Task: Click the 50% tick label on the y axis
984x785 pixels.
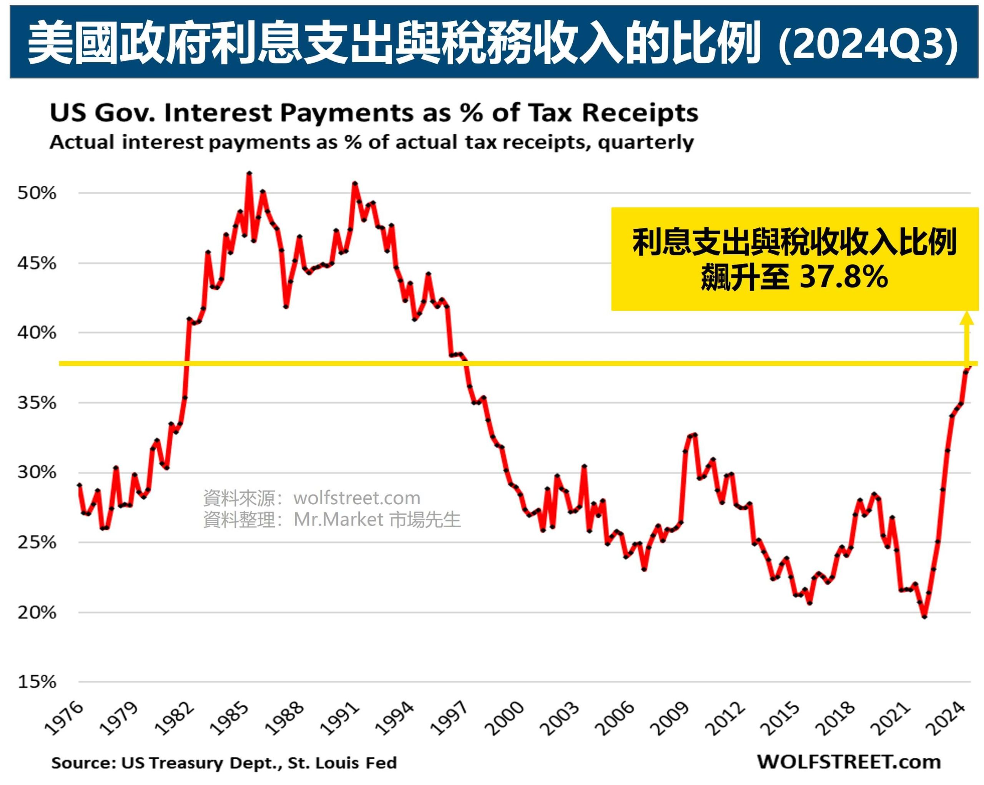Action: pyautogui.click(x=37, y=193)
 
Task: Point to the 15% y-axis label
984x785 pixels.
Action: pyautogui.click(x=37, y=682)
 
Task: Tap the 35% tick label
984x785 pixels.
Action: pyautogui.click(x=37, y=403)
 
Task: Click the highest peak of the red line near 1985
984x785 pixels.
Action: pyautogui.click(x=249, y=173)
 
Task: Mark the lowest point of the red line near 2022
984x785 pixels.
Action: pyautogui.click(x=924, y=617)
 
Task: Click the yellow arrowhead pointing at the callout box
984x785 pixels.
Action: pyautogui.click(x=967, y=319)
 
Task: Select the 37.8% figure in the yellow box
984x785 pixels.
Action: pyautogui.click(x=843, y=277)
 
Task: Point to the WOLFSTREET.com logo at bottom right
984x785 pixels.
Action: pyautogui.click(x=849, y=762)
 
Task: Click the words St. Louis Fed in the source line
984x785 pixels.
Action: pyautogui.click(x=342, y=763)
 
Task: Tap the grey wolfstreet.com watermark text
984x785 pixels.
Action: pyautogui.click(x=357, y=498)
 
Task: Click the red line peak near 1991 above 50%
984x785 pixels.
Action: pyautogui.click(x=355, y=183)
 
